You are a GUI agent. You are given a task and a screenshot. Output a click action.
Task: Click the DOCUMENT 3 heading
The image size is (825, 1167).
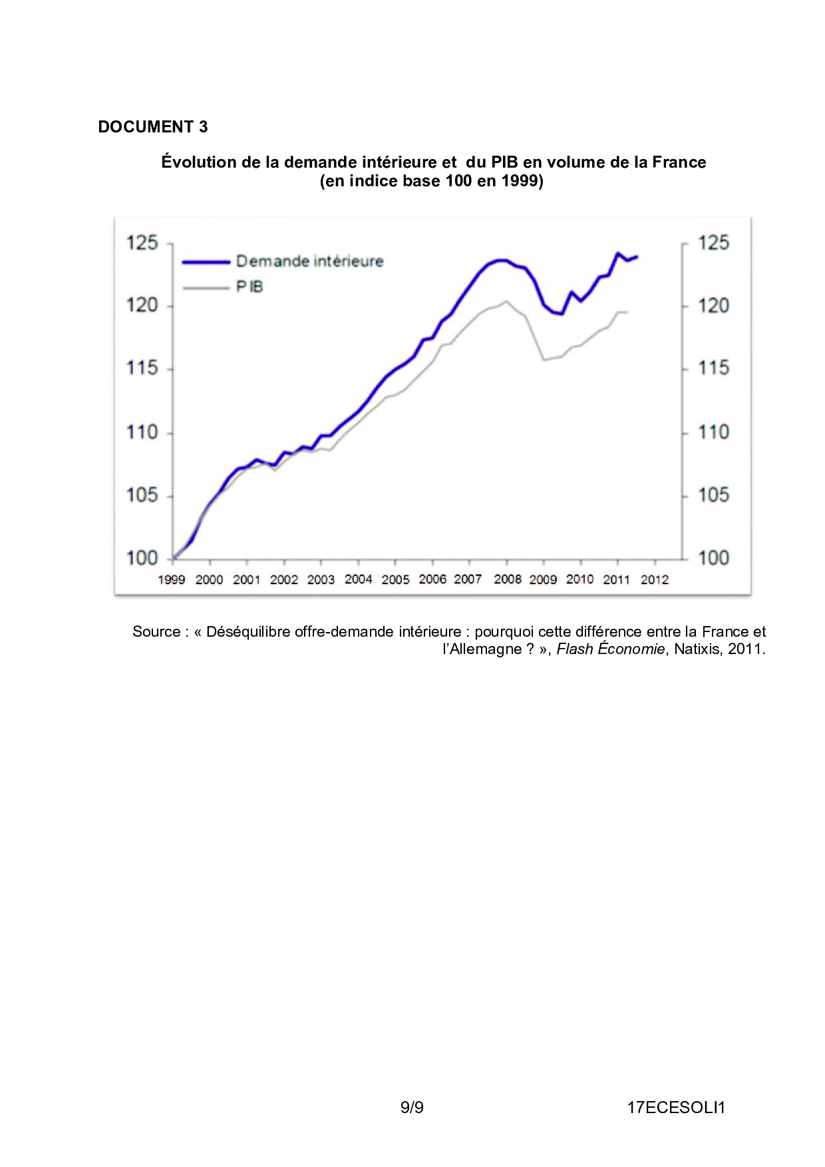pos(152,126)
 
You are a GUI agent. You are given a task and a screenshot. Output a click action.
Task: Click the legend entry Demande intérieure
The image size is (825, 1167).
pos(309,261)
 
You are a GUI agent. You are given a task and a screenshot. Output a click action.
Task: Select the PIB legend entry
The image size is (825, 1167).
pos(249,287)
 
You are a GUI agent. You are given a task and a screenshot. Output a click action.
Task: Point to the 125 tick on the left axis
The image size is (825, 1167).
pos(142,243)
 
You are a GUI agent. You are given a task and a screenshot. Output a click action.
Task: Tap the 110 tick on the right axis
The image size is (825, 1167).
pos(713,432)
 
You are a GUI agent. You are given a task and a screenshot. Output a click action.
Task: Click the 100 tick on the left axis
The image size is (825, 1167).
pos(142,558)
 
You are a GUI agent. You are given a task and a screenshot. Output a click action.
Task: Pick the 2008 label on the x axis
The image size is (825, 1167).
pos(507,580)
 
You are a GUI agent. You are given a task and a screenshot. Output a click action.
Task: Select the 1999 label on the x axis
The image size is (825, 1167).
pos(171,580)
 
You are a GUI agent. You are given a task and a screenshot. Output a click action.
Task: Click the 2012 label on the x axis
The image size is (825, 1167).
pos(654,580)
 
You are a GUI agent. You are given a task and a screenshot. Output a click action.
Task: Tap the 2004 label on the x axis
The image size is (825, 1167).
pos(358,580)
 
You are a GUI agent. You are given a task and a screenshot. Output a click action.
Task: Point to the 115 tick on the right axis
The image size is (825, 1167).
pos(713,368)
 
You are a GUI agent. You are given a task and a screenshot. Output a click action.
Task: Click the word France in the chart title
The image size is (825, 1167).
pos(679,162)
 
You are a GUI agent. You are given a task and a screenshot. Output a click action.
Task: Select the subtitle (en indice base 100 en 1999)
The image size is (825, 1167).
pos(431,181)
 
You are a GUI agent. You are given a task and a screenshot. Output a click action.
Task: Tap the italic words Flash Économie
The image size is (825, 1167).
pos(610,649)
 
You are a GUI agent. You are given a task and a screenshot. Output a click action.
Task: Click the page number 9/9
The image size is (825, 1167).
pos(412,1107)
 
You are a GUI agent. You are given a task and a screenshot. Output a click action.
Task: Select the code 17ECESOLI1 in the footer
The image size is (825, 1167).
pos(675,1107)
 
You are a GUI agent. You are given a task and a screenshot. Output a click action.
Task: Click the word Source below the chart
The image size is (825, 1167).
pos(156,631)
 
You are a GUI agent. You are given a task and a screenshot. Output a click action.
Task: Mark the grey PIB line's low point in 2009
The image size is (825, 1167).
pos(544,360)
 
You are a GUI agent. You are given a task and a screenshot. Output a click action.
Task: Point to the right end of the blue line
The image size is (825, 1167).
pos(637,257)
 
